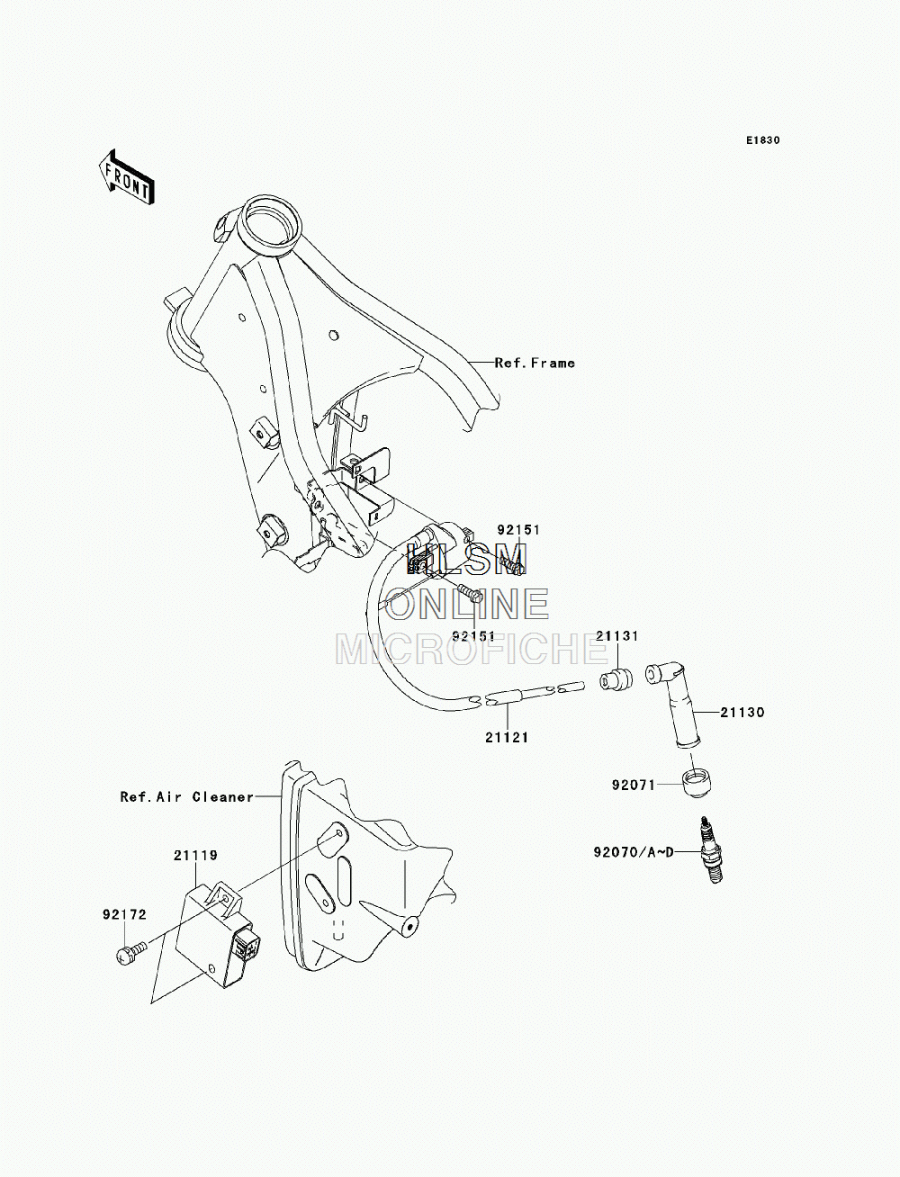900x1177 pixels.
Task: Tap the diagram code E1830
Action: point(763,140)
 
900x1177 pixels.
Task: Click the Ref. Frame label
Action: point(535,363)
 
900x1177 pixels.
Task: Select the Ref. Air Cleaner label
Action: point(187,797)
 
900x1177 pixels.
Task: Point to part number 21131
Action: point(617,636)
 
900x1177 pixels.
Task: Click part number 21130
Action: point(742,713)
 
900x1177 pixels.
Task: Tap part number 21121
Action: point(508,738)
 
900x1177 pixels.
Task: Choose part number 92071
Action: point(634,785)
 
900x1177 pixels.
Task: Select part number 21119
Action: point(195,855)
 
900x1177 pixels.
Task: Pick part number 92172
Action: point(125,914)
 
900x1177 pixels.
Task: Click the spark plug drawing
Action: point(711,850)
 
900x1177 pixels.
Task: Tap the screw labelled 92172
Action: point(130,953)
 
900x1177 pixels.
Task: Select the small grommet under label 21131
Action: point(616,679)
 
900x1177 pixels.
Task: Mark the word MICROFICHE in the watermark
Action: point(472,649)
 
